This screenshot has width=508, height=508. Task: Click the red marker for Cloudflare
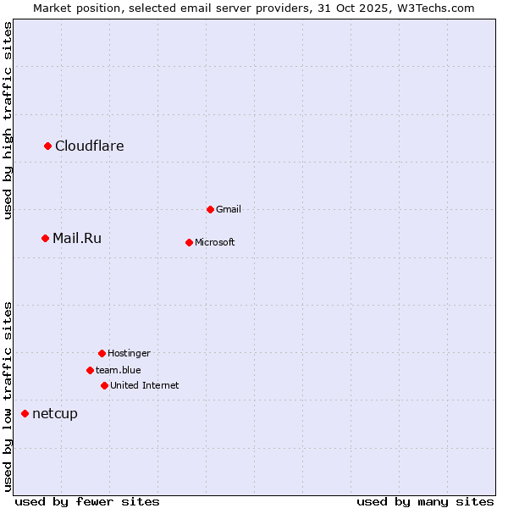click(48, 146)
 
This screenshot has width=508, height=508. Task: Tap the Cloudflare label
click(90, 146)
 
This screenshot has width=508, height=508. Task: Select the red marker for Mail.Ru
click(46, 239)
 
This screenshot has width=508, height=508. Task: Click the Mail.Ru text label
click(77, 239)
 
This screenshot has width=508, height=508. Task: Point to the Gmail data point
click(211, 209)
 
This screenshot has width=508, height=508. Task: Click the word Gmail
click(229, 210)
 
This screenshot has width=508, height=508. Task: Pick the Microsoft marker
click(189, 242)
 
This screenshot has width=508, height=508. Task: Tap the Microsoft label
click(215, 243)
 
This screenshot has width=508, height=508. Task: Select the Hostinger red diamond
click(102, 353)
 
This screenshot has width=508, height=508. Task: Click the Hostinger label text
click(129, 354)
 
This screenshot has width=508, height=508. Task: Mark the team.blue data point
click(90, 370)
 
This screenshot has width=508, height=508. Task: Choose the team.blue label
click(119, 371)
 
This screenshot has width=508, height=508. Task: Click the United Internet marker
click(104, 385)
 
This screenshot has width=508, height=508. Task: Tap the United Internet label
click(145, 386)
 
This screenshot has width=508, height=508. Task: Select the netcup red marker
click(25, 413)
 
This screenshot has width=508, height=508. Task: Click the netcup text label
click(55, 414)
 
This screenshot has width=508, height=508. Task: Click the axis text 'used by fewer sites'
click(87, 501)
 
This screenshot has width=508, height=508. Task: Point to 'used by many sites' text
click(425, 501)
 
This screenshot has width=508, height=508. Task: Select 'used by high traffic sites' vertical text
click(8, 120)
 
